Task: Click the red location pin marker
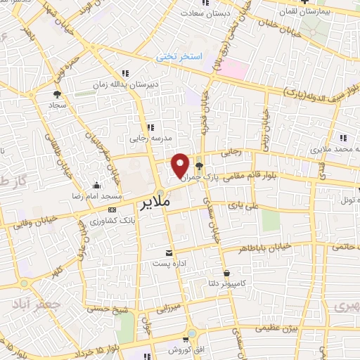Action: click(181, 166)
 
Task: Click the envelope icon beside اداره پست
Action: click(168, 252)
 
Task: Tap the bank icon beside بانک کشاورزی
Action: click(112, 210)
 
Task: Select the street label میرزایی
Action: click(168, 307)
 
